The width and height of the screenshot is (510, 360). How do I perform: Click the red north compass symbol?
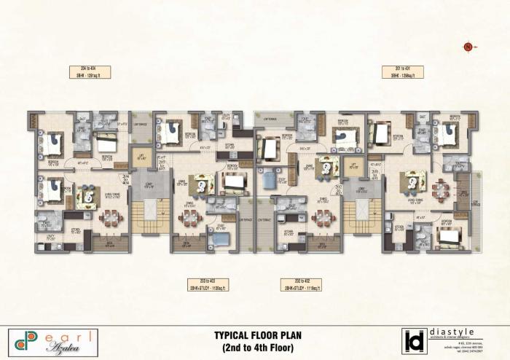click(467, 47)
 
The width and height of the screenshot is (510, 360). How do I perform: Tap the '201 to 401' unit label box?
click(403, 71)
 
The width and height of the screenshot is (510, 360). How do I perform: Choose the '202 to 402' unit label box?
click(302, 284)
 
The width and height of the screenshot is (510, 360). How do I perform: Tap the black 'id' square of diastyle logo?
click(413, 342)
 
